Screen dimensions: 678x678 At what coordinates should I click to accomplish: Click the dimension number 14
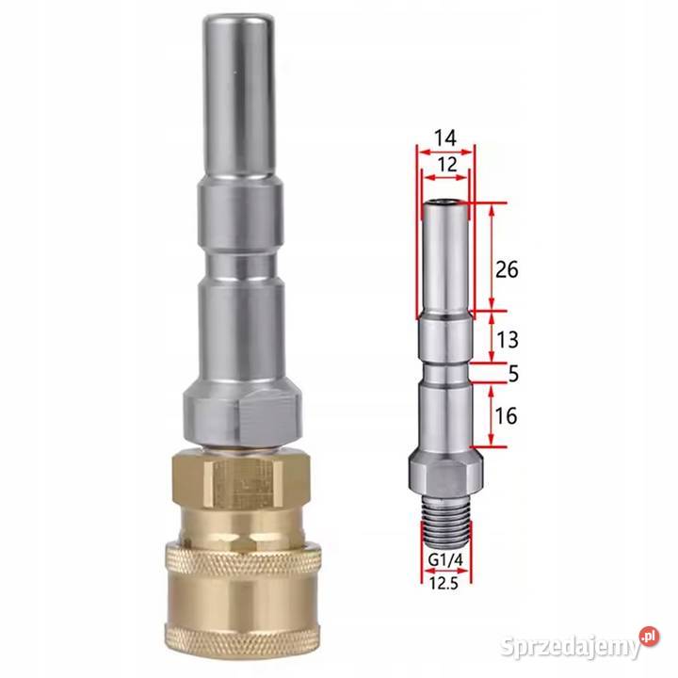tap(445, 138)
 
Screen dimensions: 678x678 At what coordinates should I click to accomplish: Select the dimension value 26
tap(507, 269)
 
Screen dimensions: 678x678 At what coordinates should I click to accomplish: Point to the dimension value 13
tap(507, 338)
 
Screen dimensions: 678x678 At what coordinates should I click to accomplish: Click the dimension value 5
tap(513, 373)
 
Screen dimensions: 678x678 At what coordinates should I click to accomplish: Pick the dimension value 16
tap(507, 414)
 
